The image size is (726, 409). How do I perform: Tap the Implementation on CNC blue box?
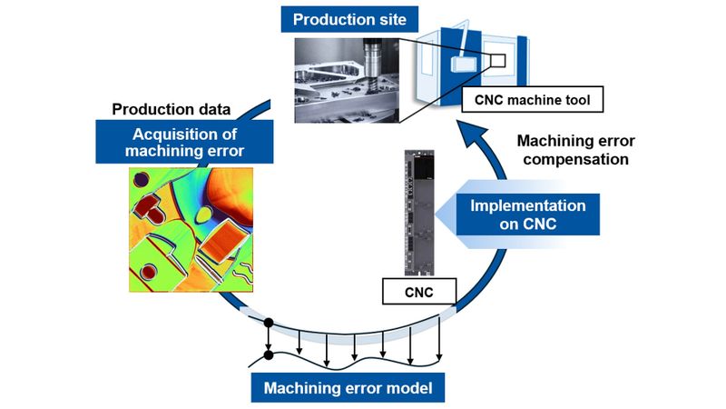coord(527,215)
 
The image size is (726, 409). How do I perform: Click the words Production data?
coord(171,110)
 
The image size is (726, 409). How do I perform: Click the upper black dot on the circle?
coord(268,323)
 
